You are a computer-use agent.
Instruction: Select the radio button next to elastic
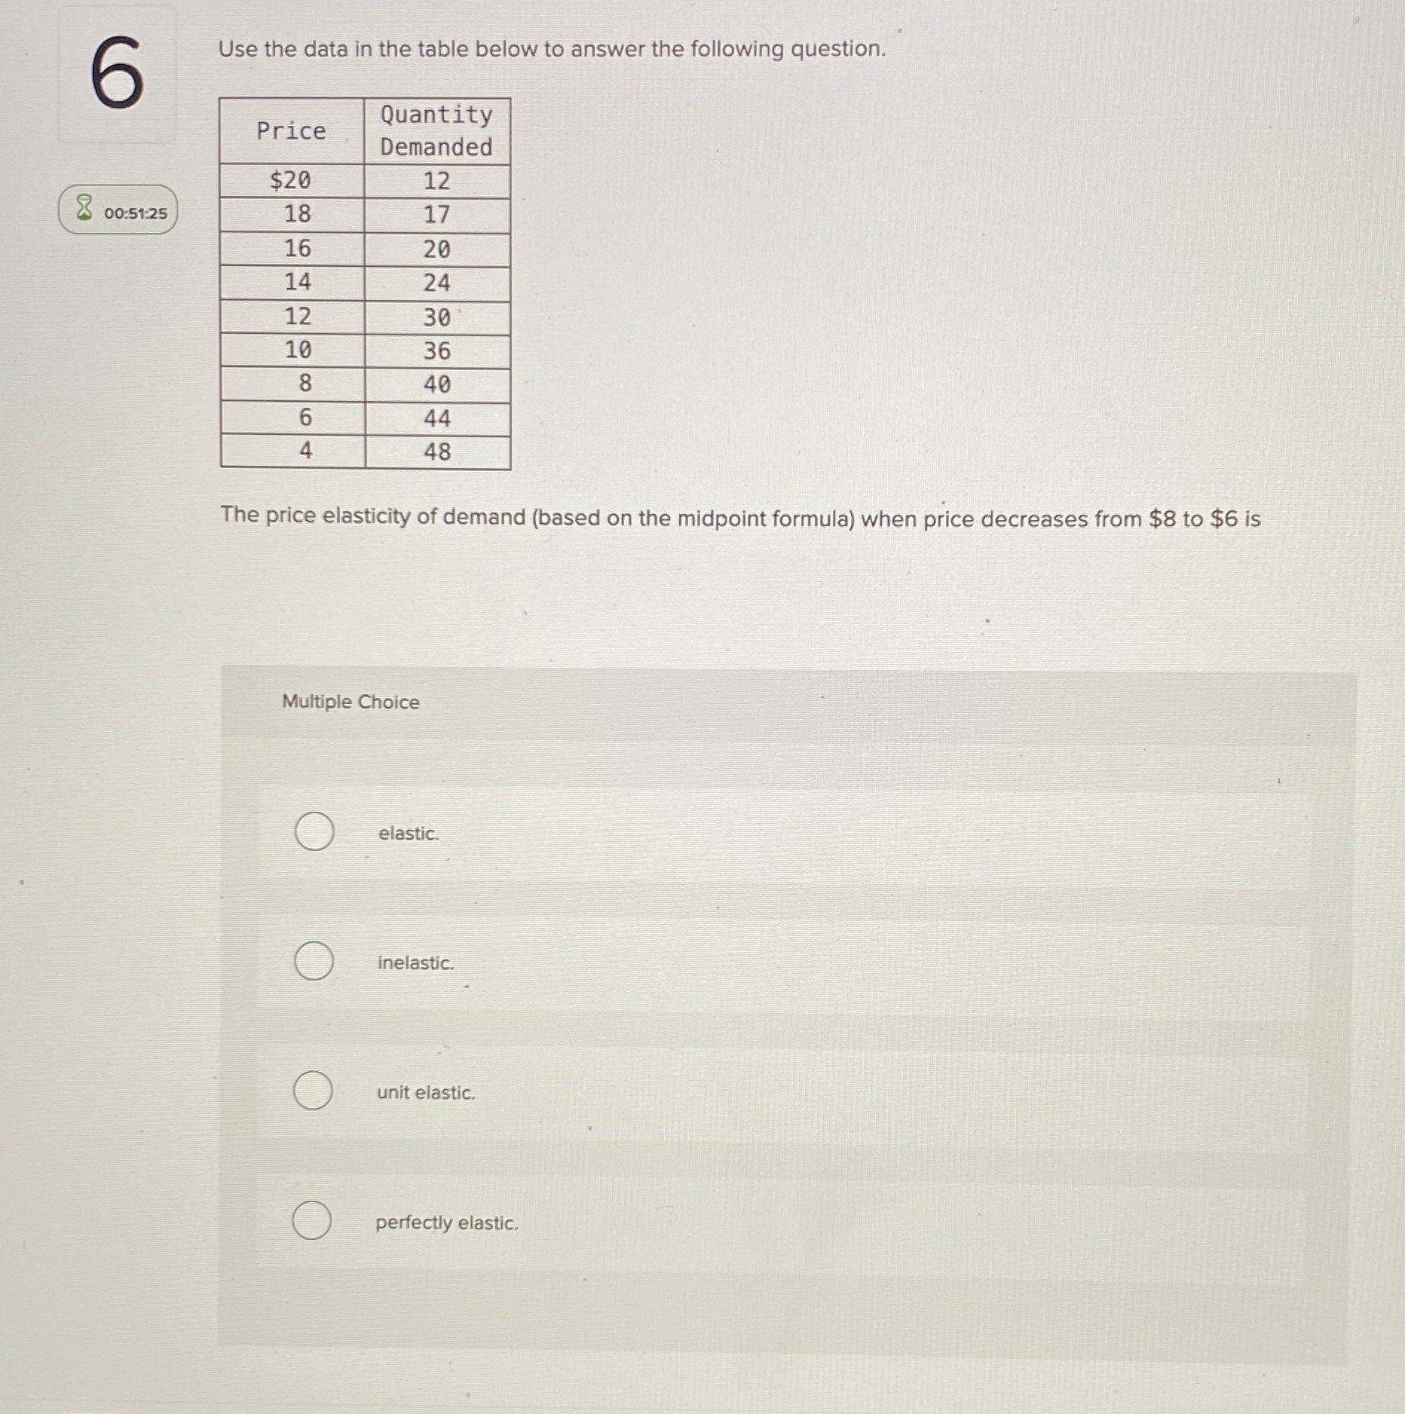click(x=314, y=831)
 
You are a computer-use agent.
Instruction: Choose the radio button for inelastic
click(x=314, y=961)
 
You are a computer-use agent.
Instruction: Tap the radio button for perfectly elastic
click(x=311, y=1220)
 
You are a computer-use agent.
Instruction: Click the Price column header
click(x=291, y=131)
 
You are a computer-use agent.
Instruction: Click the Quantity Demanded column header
click(x=436, y=130)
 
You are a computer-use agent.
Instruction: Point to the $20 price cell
click(x=290, y=181)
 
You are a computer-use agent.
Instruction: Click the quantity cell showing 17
click(x=436, y=215)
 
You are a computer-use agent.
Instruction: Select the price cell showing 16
click(x=297, y=248)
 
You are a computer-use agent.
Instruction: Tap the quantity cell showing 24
click(x=436, y=283)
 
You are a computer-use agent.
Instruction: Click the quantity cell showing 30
click(x=436, y=317)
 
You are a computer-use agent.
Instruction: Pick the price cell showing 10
click(x=297, y=350)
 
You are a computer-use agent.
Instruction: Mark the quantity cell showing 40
click(x=437, y=384)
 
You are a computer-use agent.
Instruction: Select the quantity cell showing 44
click(x=437, y=418)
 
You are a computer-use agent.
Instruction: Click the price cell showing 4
click(x=305, y=451)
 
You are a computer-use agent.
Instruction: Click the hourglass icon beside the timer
click(x=84, y=208)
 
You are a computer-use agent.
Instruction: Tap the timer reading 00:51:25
click(x=136, y=213)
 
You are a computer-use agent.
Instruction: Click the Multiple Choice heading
click(x=350, y=702)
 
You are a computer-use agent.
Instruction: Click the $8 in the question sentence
click(x=1162, y=519)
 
